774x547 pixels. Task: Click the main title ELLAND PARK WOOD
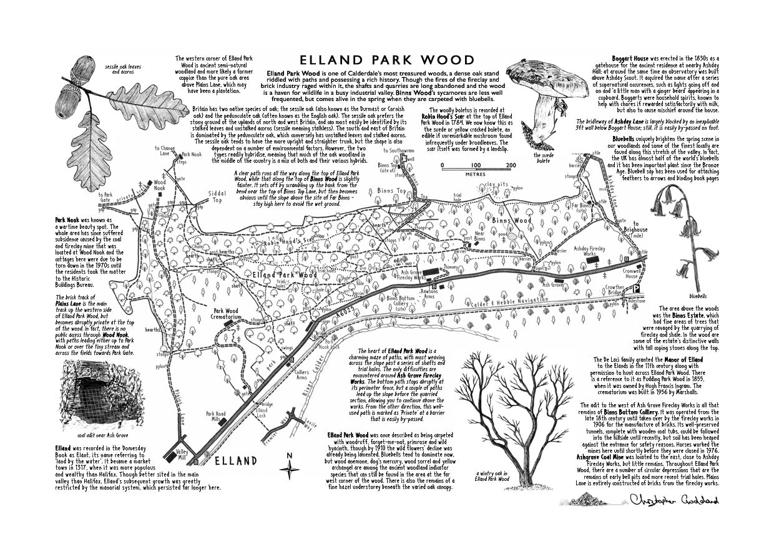[x=387, y=61]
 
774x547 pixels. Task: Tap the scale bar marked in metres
[x=479, y=166]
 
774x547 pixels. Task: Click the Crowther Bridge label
[x=615, y=291]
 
